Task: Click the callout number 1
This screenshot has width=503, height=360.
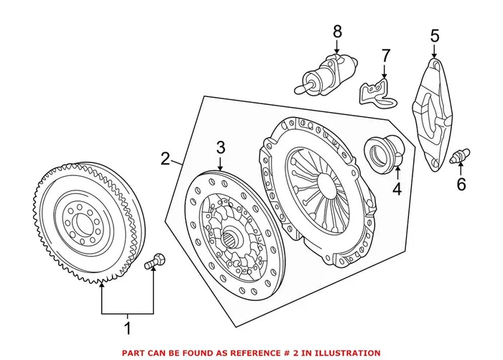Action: (x=129, y=330)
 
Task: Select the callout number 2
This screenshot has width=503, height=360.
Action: (x=165, y=158)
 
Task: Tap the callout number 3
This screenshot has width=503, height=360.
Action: (x=221, y=148)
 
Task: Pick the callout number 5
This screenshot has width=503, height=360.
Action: (x=434, y=35)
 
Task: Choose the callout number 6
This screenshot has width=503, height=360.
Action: (x=461, y=185)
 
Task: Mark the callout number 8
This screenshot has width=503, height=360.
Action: (x=337, y=32)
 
